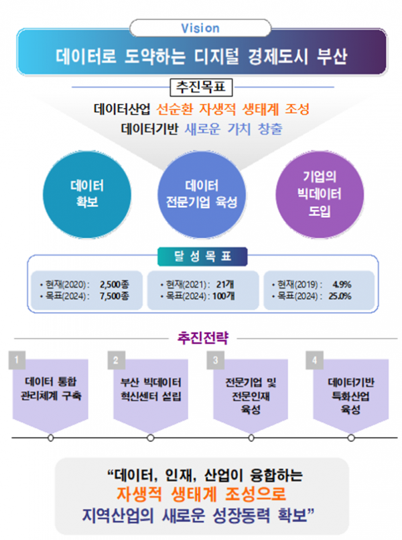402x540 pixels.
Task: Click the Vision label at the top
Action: pyautogui.click(x=200, y=28)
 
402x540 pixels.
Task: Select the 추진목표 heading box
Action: pyautogui.click(x=202, y=87)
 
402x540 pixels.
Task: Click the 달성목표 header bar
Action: pyautogui.click(x=202, y=256)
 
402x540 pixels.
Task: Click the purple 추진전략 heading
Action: pyautogui.click(x=201, y=338)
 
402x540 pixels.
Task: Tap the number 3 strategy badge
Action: pyautogui.click(x=216, y=360)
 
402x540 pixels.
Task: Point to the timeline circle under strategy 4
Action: pyautogui.click(x=351, y=438)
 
